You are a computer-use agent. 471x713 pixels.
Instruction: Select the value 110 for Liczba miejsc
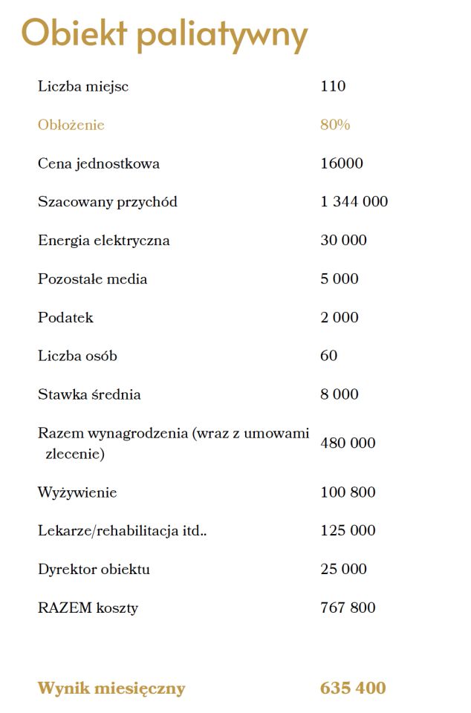333,86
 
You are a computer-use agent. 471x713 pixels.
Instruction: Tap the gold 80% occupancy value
335,125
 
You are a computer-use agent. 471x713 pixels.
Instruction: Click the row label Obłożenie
71,125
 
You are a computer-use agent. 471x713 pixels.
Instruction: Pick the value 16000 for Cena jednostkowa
342,163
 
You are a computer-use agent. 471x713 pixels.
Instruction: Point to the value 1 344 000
354,202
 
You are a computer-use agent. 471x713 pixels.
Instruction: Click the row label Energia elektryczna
104,241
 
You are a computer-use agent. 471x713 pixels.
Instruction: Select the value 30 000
344,241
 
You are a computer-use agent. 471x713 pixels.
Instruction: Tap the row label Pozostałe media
93,279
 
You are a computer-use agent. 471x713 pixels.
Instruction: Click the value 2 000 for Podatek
340,318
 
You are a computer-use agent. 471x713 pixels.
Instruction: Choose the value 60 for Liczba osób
329,356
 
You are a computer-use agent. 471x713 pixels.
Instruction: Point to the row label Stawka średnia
89,394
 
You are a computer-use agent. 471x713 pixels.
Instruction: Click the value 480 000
348,443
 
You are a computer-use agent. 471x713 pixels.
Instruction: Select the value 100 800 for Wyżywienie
348,492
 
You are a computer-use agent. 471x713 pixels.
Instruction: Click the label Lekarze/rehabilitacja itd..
123,531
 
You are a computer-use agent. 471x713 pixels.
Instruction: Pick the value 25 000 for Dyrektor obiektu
344,570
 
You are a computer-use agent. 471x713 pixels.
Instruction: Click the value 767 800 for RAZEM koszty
348,608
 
